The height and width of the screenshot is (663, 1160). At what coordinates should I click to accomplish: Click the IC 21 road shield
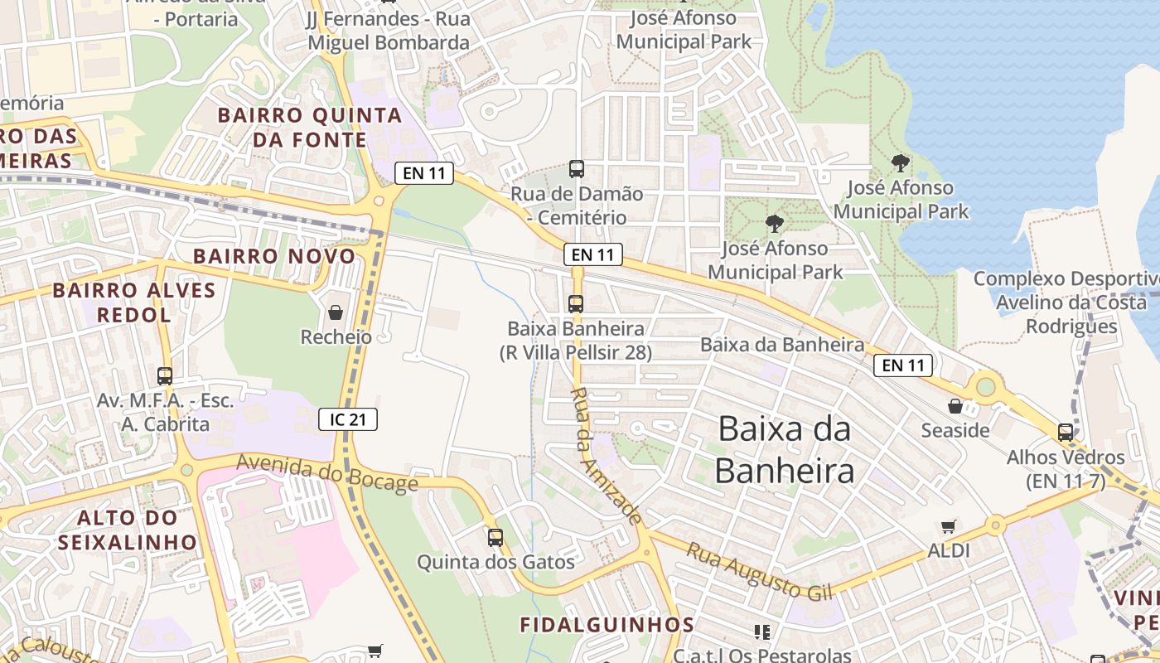tap(348, 419)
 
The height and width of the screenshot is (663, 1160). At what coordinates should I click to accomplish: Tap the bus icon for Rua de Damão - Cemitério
tap(577, 169)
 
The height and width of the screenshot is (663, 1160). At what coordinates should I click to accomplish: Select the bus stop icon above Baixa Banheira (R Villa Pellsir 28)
tap(576, 304)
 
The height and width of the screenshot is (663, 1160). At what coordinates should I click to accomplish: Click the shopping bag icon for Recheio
tap(336, 312)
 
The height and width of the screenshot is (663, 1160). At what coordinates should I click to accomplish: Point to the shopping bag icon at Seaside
tap(955, 406)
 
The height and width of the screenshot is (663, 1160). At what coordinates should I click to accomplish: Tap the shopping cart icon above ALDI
tap(949, 526)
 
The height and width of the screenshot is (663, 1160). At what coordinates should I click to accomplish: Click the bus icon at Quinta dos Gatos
tap(495, 538)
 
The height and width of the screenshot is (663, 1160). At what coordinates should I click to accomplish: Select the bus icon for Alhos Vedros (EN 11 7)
tap(1066, 432)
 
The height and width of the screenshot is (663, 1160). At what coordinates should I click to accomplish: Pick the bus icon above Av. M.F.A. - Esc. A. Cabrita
tap(165, 376)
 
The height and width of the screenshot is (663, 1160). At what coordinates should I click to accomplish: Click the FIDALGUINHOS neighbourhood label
tap(607, 624)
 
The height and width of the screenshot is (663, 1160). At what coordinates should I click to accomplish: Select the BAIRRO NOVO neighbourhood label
tap(274, 256)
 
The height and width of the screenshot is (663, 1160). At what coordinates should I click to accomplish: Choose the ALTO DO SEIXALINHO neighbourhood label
tap(128, 530)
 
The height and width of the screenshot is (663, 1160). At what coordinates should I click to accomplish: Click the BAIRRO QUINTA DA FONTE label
tap(310, 127)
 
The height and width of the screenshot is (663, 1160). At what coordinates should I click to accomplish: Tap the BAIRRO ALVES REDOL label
tap(134, 302)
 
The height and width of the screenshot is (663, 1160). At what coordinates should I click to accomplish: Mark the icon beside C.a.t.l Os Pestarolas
tap(762, 632)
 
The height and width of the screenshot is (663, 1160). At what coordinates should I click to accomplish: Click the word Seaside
tap(955, 430)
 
